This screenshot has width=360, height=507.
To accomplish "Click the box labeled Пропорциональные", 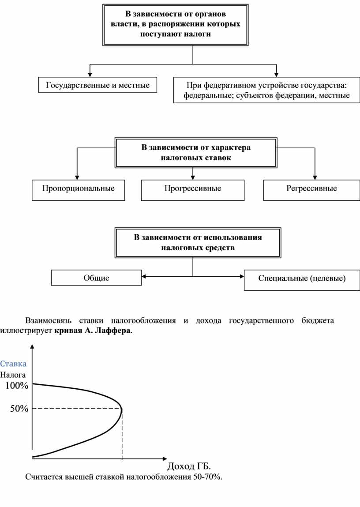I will pos(78,189).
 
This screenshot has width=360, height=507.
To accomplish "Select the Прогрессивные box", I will pos(193,189).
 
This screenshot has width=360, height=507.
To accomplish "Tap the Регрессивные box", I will pos(311,189).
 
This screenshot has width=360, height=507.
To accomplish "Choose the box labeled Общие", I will pos(96,278).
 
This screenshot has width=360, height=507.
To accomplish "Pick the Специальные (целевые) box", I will pos(302,279).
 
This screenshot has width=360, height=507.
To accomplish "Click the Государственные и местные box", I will pos(97,85).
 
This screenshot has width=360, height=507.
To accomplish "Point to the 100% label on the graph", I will pos(17,386).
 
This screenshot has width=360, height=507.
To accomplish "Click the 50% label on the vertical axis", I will pos(19,409).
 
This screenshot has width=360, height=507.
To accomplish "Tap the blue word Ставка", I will pos(13,364).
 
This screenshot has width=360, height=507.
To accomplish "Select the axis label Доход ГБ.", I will pos(189,466).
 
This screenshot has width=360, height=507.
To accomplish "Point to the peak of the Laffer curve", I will pos(121,409).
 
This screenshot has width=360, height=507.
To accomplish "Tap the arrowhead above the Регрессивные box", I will pos(314,177).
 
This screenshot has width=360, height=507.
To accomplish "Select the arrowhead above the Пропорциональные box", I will pos(77,177).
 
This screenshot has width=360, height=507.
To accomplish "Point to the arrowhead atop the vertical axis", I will pos(33,347).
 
